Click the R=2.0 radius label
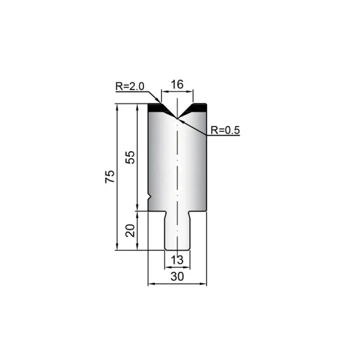point(130,86)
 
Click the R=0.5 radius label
point(225,130)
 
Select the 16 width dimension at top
point(177,84)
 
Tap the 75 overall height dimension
point(110,176)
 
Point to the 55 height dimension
point(130,157)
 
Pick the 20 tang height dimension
point(130,230)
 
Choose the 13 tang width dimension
point(177,260)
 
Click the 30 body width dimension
point(177,277)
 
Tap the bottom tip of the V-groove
point(177,118)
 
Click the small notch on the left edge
point(149,197)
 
